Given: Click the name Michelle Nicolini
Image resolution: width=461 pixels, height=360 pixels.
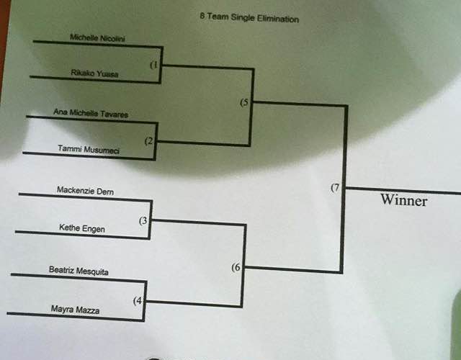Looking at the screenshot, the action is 97,37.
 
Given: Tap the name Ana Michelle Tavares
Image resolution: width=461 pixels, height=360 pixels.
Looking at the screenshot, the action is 96,112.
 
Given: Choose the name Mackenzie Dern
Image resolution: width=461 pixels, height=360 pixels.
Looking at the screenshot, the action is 85,191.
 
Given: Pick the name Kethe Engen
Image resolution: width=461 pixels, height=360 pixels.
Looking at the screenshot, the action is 81,229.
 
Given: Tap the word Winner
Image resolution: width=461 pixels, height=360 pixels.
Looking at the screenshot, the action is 403,201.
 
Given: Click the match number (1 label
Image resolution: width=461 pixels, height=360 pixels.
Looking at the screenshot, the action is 154,66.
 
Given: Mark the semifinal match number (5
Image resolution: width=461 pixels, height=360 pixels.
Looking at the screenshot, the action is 245,102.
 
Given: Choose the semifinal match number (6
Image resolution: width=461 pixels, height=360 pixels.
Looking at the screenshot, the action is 236,268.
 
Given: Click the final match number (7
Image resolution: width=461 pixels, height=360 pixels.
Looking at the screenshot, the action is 335,188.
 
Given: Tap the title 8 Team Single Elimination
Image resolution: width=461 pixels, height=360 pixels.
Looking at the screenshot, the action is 249,19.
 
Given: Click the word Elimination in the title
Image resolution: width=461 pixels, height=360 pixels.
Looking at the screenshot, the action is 277,19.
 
